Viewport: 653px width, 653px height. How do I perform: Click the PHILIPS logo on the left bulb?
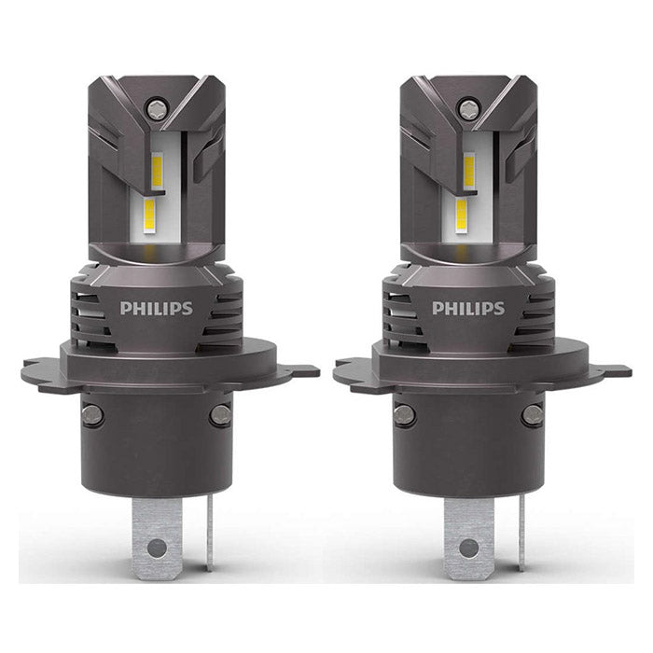[x=156, y=308]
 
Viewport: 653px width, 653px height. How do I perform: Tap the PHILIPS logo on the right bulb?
[x=467, y=308]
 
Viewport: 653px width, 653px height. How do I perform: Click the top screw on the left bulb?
[x=156, y=109]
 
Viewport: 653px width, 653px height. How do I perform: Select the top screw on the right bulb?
[x=467, y=109]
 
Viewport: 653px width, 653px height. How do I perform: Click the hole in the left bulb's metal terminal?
[x=157, y=548]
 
